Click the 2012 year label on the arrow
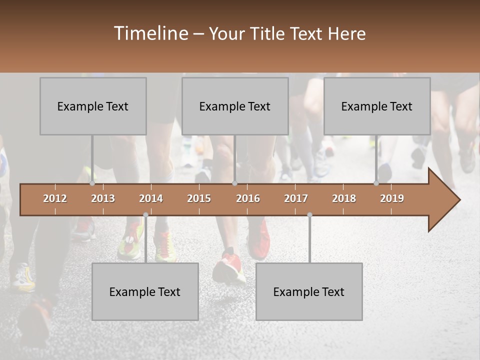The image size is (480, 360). (x=55, y=198)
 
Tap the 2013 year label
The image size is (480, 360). (x=102, y=198)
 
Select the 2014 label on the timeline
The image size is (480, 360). (x=150, y=198)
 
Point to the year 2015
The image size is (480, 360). (x=198, y=198)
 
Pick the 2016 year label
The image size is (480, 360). (x=247, y=198)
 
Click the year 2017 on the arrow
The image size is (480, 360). (x=295, y=198)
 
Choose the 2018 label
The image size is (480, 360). (x=344, y=198)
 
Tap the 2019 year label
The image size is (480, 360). (x=391, y=198)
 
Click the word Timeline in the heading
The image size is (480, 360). (x=150, y=33)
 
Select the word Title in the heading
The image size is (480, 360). (x=268, y=34)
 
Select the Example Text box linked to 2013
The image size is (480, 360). (x=93, y=106)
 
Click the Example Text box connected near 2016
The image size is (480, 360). (x=235, y=106)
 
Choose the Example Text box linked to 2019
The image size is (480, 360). (x=377, y=106)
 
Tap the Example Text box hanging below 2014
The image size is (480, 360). (x=145, y=291)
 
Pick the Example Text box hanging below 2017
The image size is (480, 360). (x=309, y=291)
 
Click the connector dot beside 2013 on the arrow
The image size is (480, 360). (x=92, y=183)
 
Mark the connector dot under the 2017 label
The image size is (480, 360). (x=309, y=215)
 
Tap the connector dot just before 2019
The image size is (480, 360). (x=376, y=183)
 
